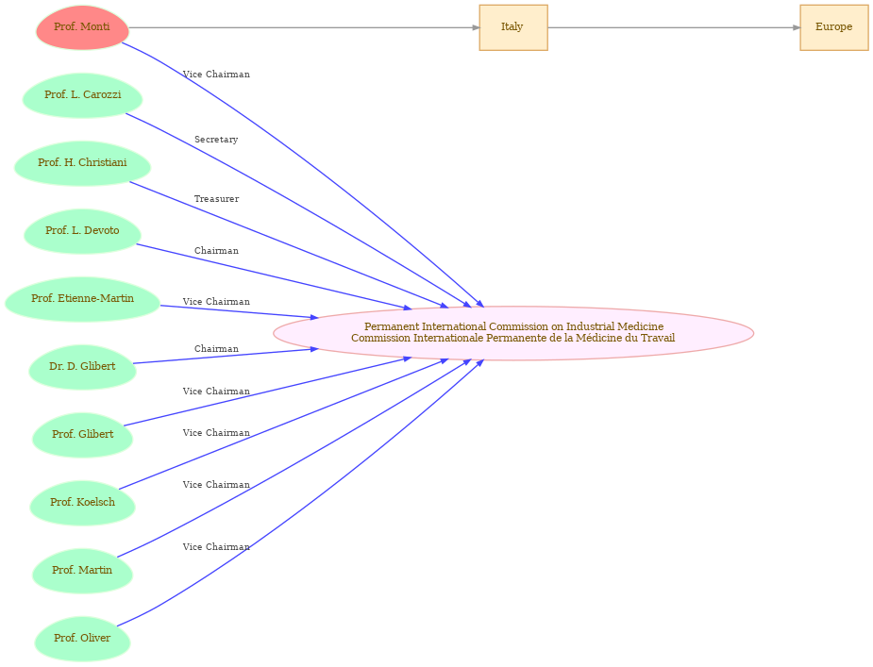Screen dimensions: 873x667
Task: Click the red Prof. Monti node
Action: tap(82, 27)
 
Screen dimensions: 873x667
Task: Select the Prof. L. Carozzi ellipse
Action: tap(82, 95)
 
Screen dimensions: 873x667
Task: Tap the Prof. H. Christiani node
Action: tap(82, 163)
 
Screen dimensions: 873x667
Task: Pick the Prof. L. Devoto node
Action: tap(82, 231)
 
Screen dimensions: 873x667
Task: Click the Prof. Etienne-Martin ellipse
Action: tap(82, 299)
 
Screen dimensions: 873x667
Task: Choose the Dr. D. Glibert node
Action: tap(82, 367)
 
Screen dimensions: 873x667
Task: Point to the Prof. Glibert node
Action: tap(82, 435)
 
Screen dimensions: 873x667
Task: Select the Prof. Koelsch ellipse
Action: tap(82, 503)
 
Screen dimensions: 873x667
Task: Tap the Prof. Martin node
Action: tap(82, 571)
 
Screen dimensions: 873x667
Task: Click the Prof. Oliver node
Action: tap(82, 639)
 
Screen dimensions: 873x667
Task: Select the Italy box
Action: tap(513, 27)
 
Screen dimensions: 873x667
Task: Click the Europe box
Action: tap(834, 27)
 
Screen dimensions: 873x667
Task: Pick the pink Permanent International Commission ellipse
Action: tap(513, 333)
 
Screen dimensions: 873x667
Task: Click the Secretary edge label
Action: tap(216, 140)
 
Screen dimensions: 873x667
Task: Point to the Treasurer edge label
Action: tap(216, 199)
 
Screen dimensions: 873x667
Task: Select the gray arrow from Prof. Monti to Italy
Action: tap(304, 27)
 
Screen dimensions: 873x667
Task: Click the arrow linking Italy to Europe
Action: tap(674, 27)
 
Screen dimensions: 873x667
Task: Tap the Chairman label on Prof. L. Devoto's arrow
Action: tap(216, 251)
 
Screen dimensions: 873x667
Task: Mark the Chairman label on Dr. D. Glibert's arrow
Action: tap(216, 348)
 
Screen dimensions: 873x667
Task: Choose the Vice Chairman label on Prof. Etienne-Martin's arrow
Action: tap(216, 301)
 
